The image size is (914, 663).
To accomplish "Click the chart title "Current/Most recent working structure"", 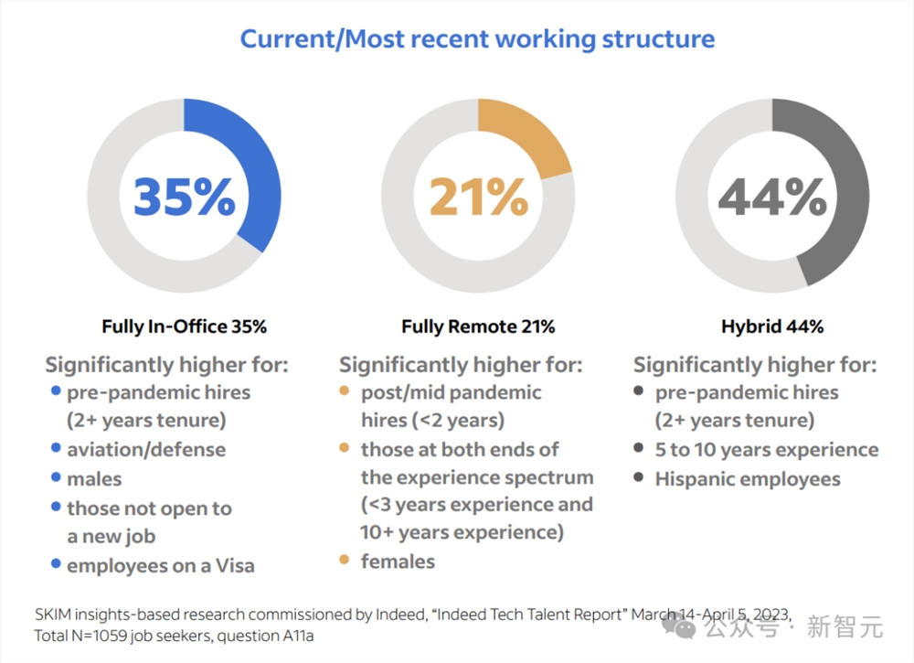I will point(476,39).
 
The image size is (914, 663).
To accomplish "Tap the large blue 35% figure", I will point(184,196).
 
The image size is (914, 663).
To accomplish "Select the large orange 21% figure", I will point(478,196).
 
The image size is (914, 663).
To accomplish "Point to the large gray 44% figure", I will point(772,196).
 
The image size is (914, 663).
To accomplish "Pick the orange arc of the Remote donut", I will point(530,137).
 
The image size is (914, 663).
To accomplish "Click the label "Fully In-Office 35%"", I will point(184,326).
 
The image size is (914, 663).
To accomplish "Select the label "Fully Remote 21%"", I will point(478,326).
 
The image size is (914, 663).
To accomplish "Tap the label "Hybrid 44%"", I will point(772,326).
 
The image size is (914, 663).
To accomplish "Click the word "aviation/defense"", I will point(146,450).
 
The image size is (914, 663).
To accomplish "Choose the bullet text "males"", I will point(94,479).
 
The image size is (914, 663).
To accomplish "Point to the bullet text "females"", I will point(399,561).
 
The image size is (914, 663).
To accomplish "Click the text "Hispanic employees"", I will point(748,479).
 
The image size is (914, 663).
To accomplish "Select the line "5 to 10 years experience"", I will point(767,450).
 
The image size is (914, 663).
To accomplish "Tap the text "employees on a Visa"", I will point(161,566).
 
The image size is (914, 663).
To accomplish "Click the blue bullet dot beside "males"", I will point(56,477).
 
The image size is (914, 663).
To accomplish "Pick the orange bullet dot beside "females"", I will point(344,560).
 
